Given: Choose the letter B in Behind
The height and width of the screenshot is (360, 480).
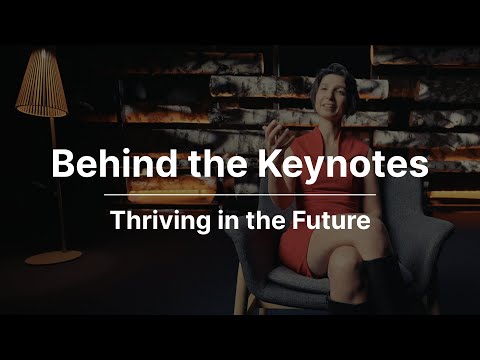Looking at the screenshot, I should (64, 163).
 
